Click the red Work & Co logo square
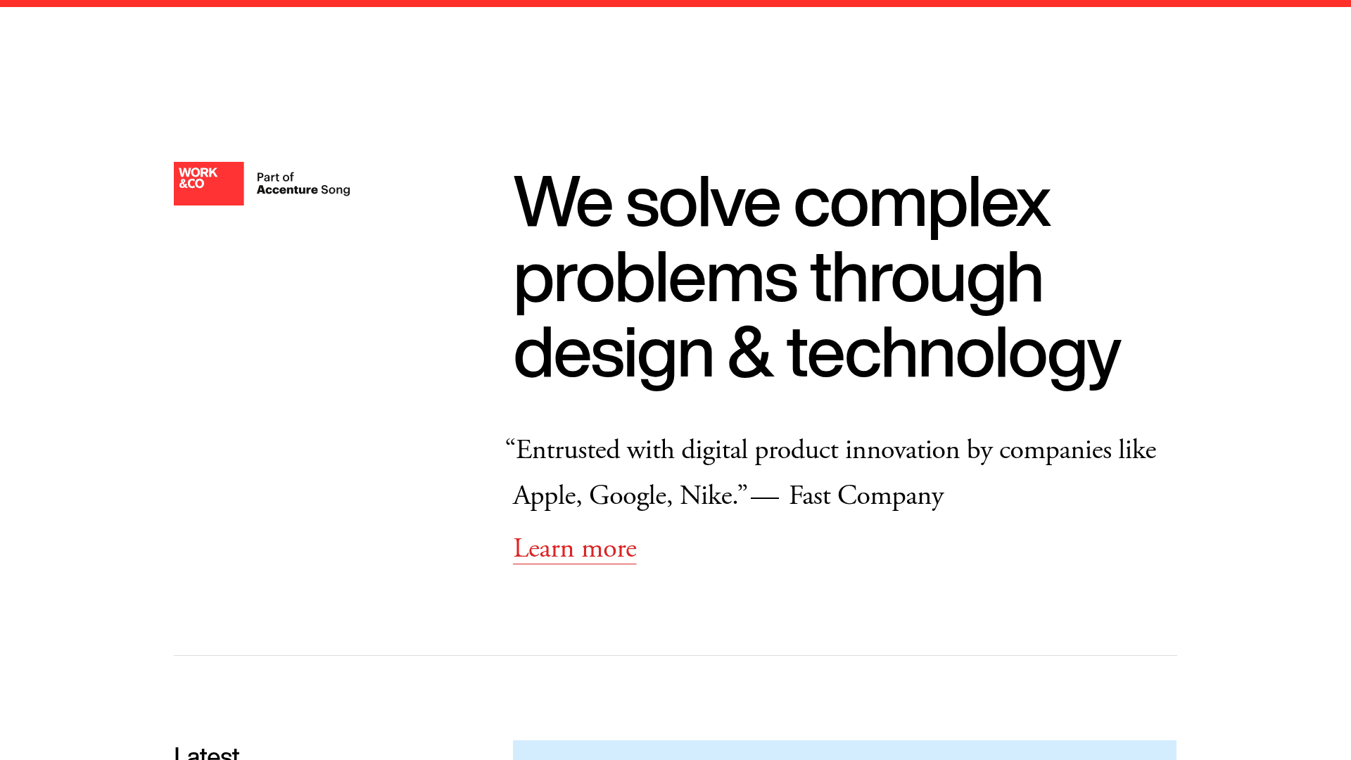pyautogui.click(x=208, y=184)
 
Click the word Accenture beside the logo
pyautogui.click(x=287, y=190)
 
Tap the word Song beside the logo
pyautogui.click(x=336, y=190)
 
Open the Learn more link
pyautogui.click(x=574, y=549)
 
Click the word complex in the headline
pyautogui.click(x=922, y=204)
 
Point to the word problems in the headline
pyautogui.click(x=655, y=279)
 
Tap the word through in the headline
pyautogui.click(x=926, y=279)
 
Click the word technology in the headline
pyautogui.click(x=953, y=355)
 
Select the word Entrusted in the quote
pyautogui.click(x=567, y=450)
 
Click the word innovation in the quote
pyautogui.click(x=902, y=450)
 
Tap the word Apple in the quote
pyautogui.click(x=545, y=496)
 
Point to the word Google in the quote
pyautogui.click(x=628, y=496)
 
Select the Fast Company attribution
pyautogui.click(x=865, y=496)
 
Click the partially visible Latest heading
pyautogui.click(x=207, y=752)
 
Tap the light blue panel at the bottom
pyautogui.click(x=844, y=750)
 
